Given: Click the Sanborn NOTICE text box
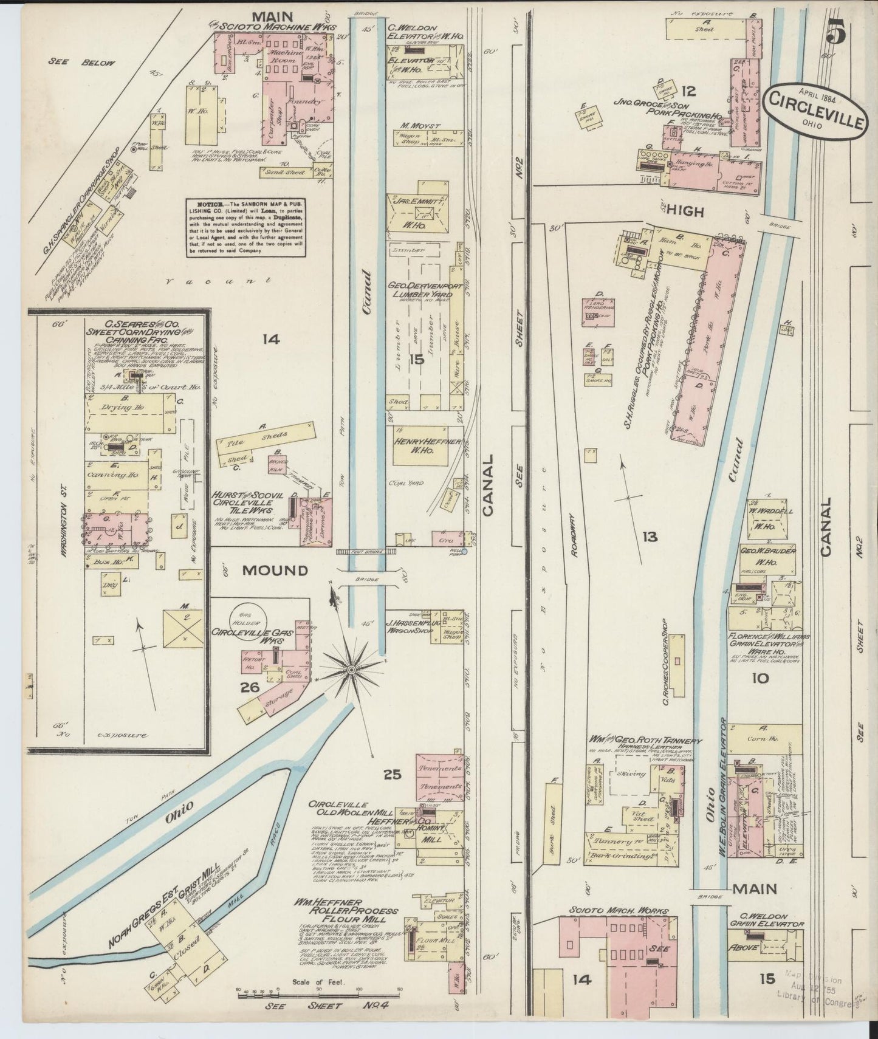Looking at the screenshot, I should pos(246,226).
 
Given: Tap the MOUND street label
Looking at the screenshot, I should pos(275,571).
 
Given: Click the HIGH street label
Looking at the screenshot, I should pos(684,212).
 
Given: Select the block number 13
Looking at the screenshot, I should pos(650,537).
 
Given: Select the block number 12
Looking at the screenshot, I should pos(688,92).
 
